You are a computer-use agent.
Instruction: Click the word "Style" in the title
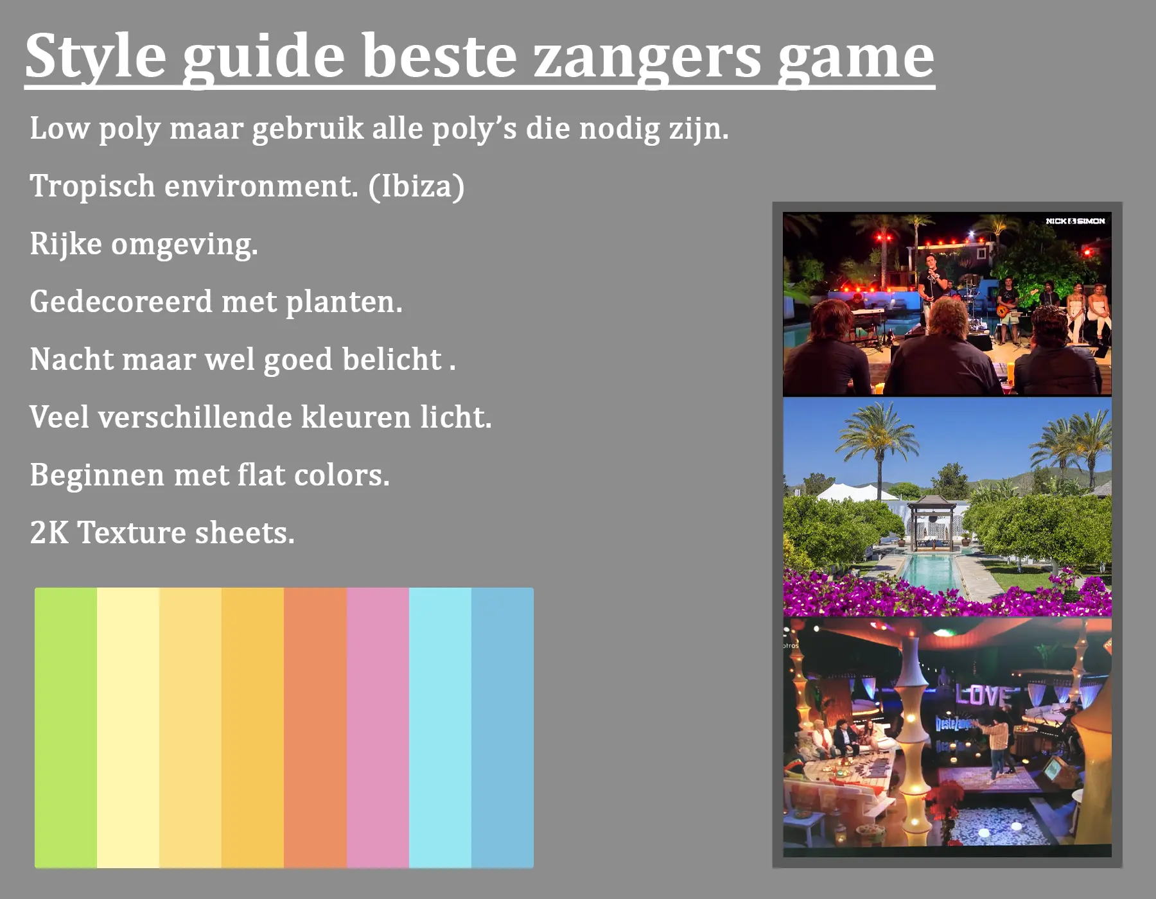coord(96,57)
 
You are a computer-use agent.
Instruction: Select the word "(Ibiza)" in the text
coord(416,186)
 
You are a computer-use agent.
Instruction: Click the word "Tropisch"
coord(92,186)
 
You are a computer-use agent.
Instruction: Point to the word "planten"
coord(343,302)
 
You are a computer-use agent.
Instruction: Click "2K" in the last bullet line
coord(49,532)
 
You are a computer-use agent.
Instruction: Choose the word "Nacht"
coord(71,359)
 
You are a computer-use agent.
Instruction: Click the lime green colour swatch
coord(66,728)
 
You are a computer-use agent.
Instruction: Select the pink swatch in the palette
coord(378,728)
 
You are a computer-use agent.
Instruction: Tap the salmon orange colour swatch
coord(315,728)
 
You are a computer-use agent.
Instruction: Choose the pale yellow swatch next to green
coord(128,728)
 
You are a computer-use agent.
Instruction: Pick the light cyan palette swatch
coord(440,728)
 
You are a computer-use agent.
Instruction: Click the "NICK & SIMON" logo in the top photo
coord(1075,221)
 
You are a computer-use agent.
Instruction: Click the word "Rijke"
coord(66,245)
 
